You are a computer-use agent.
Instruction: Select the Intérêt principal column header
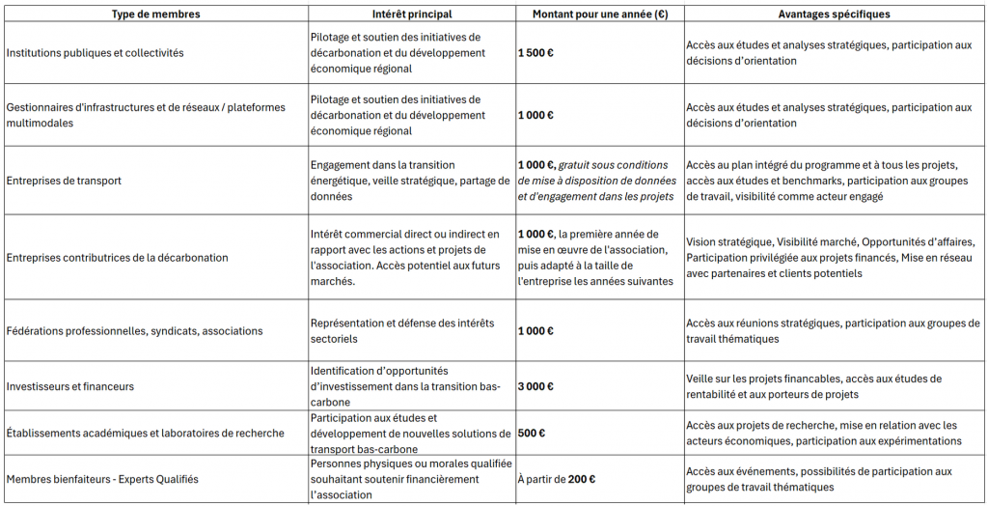[x=411, y=14]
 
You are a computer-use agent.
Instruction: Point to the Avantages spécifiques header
[x=835, y=14]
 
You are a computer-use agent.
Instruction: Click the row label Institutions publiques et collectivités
[x=95, y=53]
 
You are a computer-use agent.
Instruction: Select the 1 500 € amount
[x=535, y=53]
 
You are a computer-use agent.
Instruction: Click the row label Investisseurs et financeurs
[x=70, y=386]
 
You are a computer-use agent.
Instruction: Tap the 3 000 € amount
[x=535, y=386]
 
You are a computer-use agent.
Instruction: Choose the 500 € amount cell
[x=532, y=434]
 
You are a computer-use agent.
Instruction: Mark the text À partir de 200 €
[x=557, y=480]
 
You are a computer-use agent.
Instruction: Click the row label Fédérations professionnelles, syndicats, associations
[x=134, y=331]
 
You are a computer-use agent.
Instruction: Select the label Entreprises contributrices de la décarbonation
[x=117, y=258]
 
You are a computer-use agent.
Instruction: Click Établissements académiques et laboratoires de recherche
[x=145, y=434]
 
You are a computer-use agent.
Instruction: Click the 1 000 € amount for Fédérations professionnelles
[x=535, y=331]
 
